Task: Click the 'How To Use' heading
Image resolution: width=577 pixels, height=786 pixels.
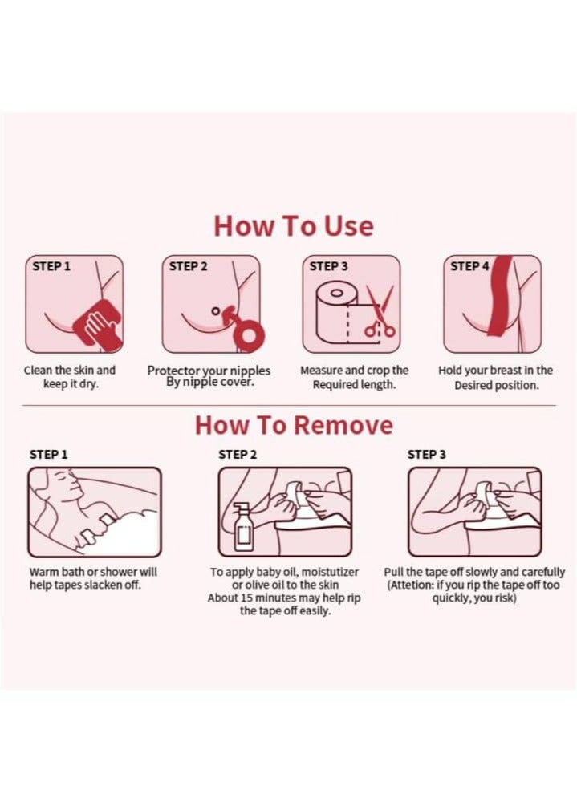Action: pos(294,226)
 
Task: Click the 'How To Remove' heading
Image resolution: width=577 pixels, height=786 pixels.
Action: pos(294,425)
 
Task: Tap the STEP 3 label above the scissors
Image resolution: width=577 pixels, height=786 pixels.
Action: pos(329,266)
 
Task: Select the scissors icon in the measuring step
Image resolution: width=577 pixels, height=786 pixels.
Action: pos(380,311)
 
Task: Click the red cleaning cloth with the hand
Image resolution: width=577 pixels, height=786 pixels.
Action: pos(99,324)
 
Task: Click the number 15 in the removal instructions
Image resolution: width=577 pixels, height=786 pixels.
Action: pos(246,598)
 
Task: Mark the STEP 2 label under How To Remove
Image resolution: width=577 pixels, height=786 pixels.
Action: pos(238,455)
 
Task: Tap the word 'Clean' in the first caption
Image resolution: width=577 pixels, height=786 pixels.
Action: pos(38,371)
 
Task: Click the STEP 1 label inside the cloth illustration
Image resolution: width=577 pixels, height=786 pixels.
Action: pos(51,266)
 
